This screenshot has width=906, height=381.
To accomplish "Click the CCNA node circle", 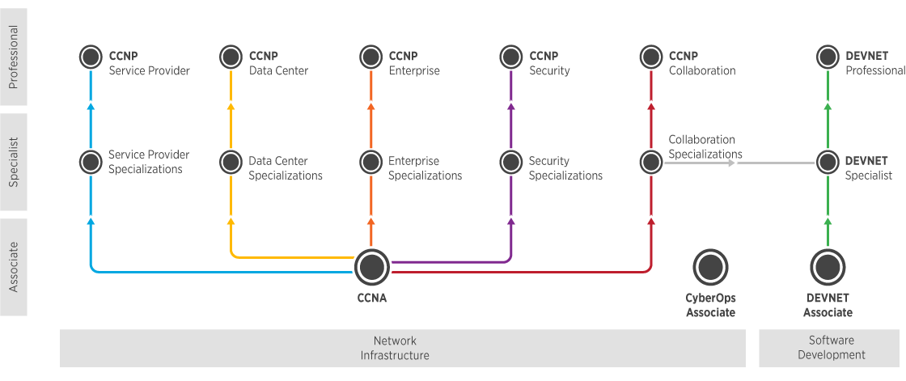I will point(372,266).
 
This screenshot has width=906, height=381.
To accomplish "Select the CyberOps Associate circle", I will point(710,266).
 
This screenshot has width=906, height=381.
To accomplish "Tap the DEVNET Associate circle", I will point(828,266).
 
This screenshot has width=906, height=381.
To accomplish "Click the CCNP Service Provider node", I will point(91,57).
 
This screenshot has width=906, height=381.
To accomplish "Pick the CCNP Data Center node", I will point(231,57).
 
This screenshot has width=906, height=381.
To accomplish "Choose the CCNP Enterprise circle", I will point(370,57).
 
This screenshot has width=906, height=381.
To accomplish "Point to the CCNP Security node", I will point(510,57).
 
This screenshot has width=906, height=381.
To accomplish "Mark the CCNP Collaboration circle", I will point(651,57).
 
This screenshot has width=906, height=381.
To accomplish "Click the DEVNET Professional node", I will point(828,57).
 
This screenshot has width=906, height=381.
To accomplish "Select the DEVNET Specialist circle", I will point(828,162).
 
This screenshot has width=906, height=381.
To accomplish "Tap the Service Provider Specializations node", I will point(91,162).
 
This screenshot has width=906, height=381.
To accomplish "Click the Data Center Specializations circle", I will point(231,162).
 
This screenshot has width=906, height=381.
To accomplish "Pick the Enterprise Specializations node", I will point(370,162).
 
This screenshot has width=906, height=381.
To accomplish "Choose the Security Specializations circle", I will point(510,162).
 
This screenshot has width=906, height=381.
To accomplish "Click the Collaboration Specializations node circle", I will point(651,162).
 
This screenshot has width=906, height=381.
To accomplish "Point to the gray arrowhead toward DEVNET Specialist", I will point(731,163).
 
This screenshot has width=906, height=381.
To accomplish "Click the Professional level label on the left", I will point(14,57).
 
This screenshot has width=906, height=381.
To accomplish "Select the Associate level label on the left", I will point(14,266).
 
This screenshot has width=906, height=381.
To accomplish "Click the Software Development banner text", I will point(831,348).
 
